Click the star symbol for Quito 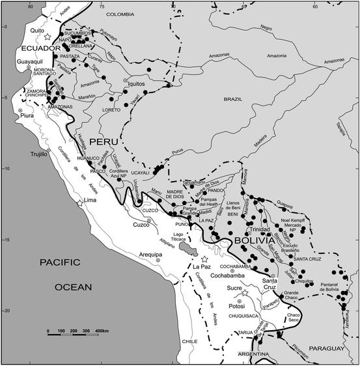coord(46,38)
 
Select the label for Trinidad coord(258,230)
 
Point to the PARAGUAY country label coord(327,349)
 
